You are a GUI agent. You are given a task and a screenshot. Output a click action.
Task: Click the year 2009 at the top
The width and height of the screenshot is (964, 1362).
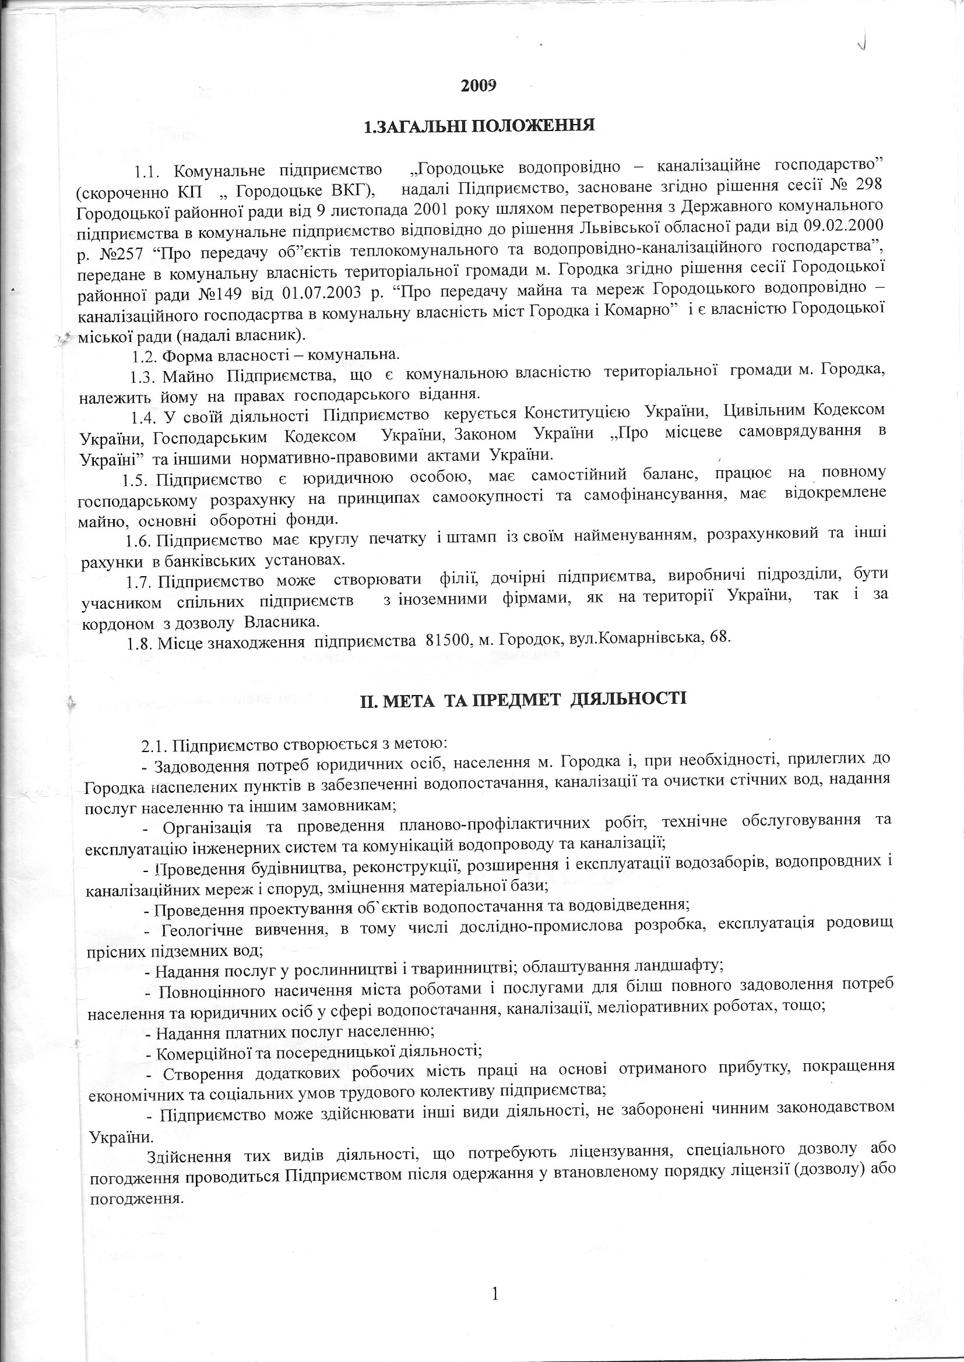point(478,86)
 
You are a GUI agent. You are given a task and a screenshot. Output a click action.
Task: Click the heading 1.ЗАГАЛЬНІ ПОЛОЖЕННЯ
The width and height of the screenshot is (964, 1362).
point(479,126)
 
